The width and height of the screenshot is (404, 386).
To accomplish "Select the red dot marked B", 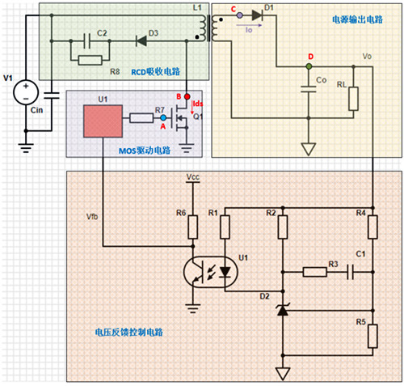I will click(x=188, y=98).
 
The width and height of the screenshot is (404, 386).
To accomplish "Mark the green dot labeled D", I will click(x=309, y=66).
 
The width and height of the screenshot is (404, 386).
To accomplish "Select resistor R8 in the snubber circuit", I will click(x=90, y=59).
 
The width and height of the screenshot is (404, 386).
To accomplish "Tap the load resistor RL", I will click(x=352, y=98).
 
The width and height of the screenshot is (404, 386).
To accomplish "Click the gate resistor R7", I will click(x=141, y=118).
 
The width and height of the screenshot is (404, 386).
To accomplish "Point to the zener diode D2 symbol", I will click(x=282, y=309).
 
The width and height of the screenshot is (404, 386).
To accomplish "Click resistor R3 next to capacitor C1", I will click(x=316, y=272).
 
